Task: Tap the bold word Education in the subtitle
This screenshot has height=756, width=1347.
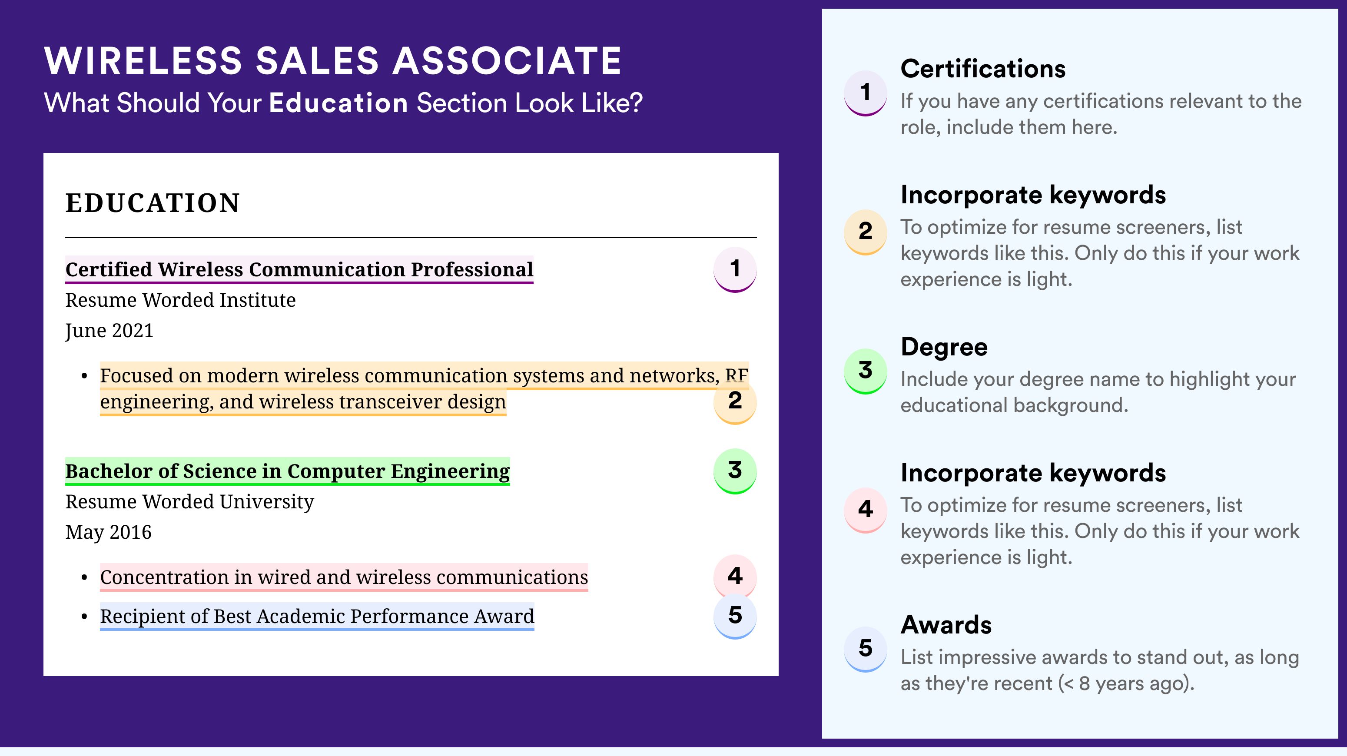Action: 338,103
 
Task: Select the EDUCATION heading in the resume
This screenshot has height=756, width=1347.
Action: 152,203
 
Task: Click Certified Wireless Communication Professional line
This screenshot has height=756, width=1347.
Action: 299,270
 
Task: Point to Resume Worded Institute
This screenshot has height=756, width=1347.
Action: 180,300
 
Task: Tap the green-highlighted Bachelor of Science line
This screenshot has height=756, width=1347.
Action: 288,471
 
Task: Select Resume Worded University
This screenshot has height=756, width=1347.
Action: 189,502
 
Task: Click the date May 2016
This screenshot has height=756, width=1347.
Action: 108,532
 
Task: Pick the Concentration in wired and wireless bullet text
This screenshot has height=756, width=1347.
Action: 344,577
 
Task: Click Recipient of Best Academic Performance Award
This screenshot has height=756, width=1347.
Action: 317,617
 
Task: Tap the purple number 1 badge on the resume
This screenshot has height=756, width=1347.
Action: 735,269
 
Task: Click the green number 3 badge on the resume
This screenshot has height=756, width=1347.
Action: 735,471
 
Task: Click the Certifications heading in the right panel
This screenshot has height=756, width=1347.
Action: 982,69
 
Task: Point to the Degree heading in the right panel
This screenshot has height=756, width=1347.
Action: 944,347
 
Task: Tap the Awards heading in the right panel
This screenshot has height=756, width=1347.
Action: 946,625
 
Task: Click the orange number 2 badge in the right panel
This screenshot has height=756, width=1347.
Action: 866,232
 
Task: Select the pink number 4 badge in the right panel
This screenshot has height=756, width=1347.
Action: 866,510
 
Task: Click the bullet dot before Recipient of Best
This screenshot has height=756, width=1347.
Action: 84,617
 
